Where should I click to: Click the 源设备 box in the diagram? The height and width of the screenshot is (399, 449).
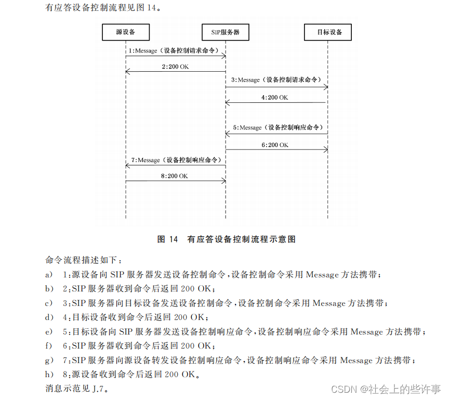126,32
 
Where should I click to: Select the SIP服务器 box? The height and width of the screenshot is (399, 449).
224,32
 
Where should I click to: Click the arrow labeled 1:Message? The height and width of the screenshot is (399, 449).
176,56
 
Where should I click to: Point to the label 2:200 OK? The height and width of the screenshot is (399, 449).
175,67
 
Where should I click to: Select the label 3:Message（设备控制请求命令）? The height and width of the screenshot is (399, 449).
277,80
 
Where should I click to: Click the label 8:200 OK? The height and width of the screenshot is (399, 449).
175,176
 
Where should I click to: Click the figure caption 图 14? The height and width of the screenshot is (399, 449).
167,240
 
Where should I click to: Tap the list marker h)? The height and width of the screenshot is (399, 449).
49,374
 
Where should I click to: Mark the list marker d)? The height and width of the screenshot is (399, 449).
49,317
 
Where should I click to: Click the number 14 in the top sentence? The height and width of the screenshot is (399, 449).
144,8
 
